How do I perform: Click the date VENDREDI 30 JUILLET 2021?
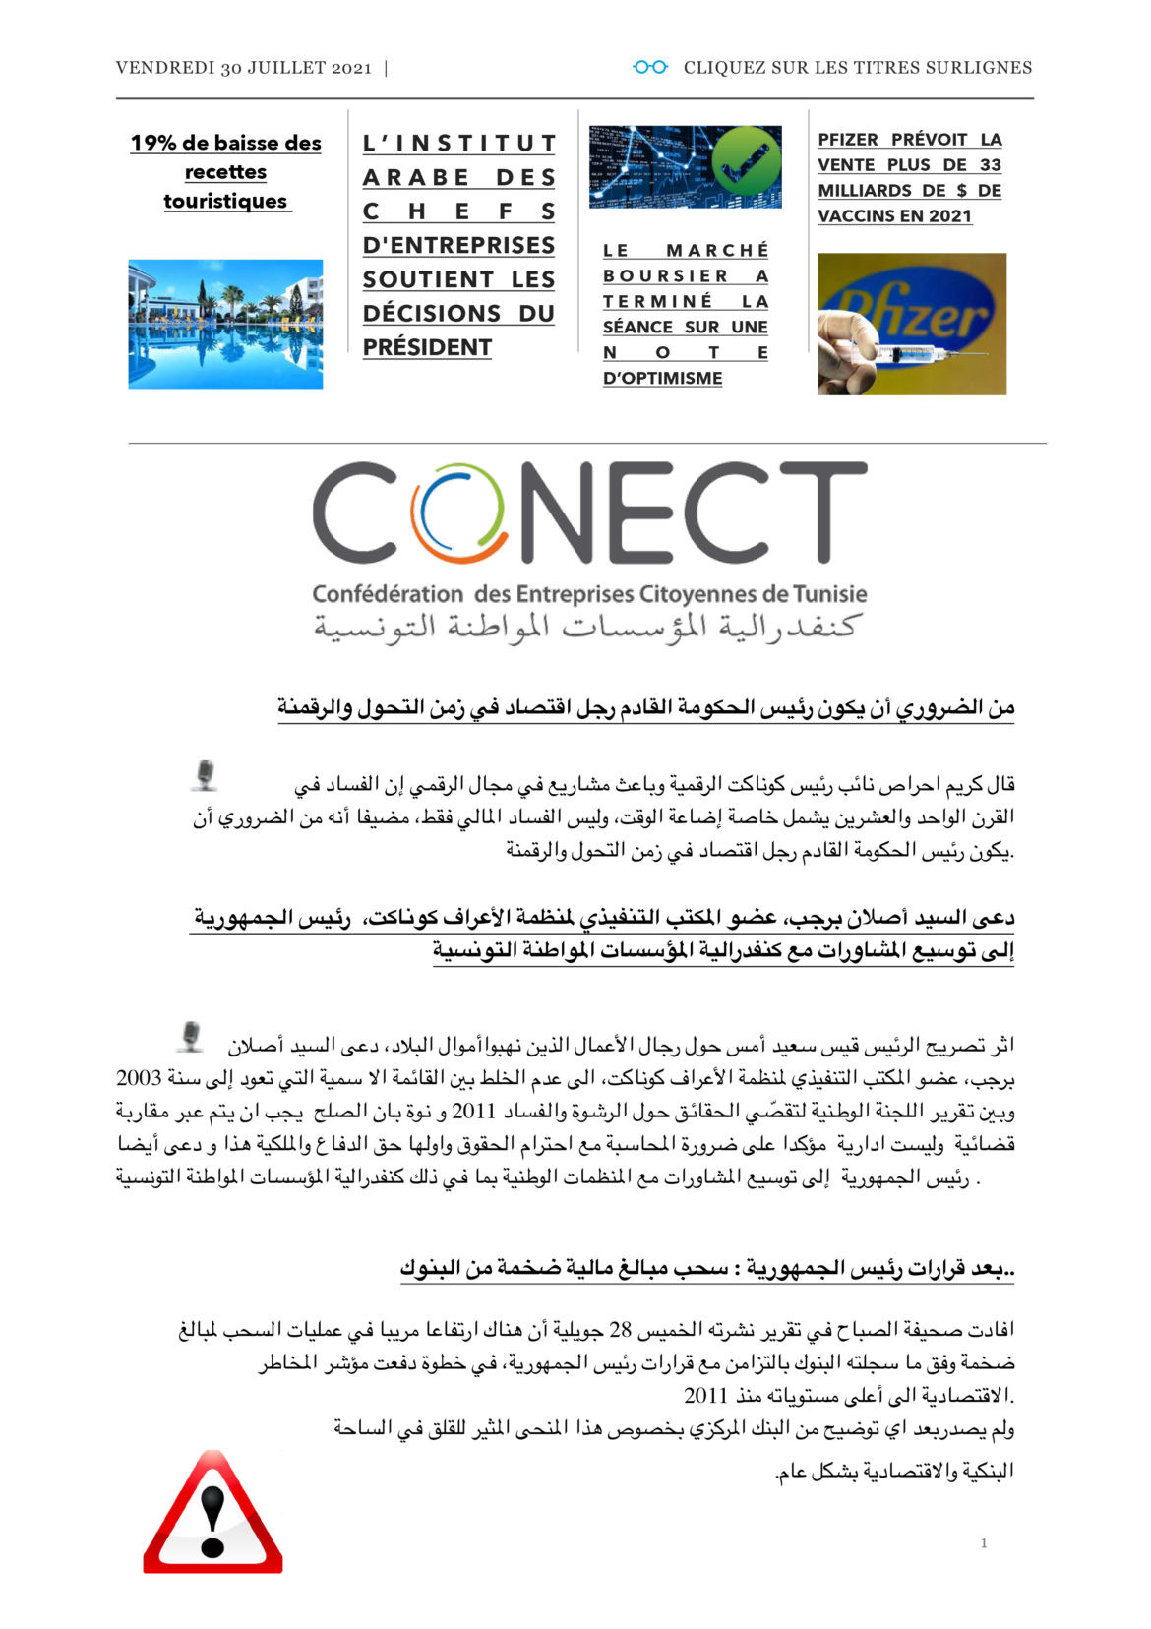click(x=243, y=68)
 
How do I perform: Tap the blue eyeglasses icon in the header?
click(x=650, y=67)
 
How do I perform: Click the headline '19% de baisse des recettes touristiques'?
click(x=225, y=172)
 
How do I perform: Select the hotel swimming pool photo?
click(x=225, y=324)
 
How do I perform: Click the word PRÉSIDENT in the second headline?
click(x=427, y=347)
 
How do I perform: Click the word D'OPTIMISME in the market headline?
click(x=662, y=378)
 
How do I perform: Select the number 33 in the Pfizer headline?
click(x=990, y=165)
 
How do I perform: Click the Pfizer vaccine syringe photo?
click(x=911, y=324)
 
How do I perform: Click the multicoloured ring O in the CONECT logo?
click(x=458, y=513)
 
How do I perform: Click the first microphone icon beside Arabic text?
click(x=205, y=775)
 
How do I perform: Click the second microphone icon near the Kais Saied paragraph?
click(x=191, y=1037)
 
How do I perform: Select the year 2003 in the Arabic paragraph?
click(x=138, y=1077)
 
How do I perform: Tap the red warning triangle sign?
click(x=212, y=1512)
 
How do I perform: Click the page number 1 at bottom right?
click(x=983, y=1543)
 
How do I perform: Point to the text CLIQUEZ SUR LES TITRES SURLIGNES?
click(x=857, y=68)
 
